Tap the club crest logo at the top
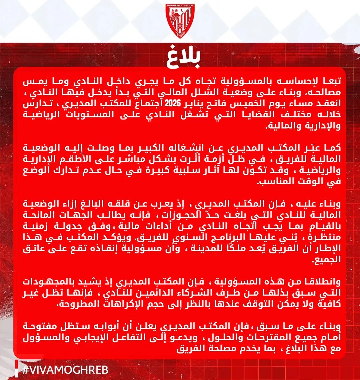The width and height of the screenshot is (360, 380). [x=180, y=21]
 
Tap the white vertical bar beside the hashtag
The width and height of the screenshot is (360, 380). [x=16, y=369]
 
